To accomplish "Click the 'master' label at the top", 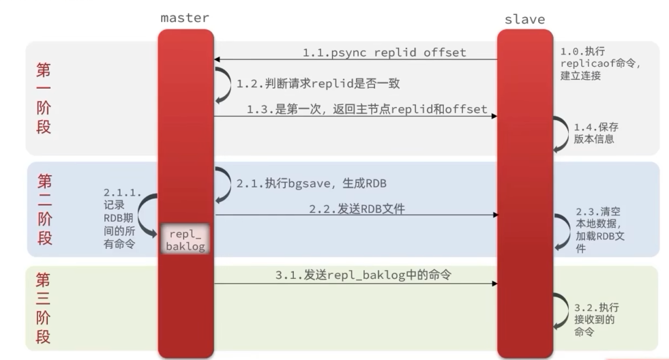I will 184,17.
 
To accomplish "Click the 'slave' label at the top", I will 524,19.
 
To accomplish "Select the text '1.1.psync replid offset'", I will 385,52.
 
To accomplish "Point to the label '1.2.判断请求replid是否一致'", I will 318,84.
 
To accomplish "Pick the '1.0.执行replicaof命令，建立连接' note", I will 601,63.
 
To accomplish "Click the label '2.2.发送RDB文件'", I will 357,209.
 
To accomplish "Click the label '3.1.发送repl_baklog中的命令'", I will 364,275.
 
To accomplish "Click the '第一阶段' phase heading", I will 44,98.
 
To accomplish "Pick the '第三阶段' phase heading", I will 44,308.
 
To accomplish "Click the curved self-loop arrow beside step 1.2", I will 224,84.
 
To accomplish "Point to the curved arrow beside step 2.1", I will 224,184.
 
